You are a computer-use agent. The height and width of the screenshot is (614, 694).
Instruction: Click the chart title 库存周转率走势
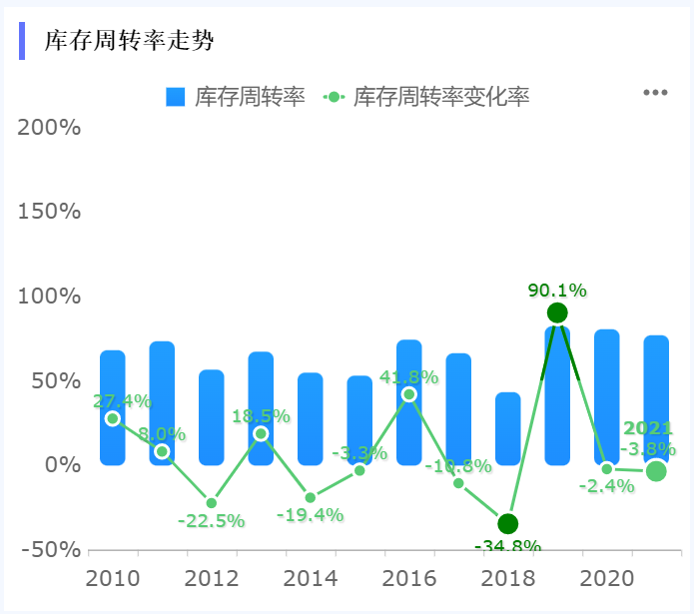(x=129, y=41)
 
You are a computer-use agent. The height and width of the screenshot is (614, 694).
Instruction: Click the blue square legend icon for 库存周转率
(x=176, y=97)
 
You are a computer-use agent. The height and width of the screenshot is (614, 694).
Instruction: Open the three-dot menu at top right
(x=655, y=93)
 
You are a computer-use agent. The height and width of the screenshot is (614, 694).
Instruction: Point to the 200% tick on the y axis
(x=50, y=128)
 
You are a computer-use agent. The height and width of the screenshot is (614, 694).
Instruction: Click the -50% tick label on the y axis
(x=50, y=549)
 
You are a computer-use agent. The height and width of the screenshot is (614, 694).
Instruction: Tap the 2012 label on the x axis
(x=212, y=579)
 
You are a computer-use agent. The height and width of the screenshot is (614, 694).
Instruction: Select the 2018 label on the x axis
(x=507, y=579)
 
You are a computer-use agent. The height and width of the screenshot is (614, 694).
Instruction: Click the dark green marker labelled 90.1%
(x=557, y=312)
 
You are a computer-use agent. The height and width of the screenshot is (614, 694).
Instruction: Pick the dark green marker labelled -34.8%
(x=507, y=523)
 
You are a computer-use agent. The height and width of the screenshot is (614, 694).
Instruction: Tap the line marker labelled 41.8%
(x=408, y=394)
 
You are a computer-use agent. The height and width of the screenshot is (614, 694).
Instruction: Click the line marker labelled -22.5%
(x=212, y=503)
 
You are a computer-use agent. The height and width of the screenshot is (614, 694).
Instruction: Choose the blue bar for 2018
(x=507, y=429)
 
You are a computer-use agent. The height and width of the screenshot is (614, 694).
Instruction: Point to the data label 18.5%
(x=261, y=416)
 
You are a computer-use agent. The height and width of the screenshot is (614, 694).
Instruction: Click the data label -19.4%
(x=311, y=515)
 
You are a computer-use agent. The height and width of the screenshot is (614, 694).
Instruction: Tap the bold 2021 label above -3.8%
(x=648, y=428)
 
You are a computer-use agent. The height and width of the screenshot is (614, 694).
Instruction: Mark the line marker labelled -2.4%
(x=606, y=468)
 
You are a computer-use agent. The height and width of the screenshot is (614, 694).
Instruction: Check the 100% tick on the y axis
(x=50, y=297)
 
